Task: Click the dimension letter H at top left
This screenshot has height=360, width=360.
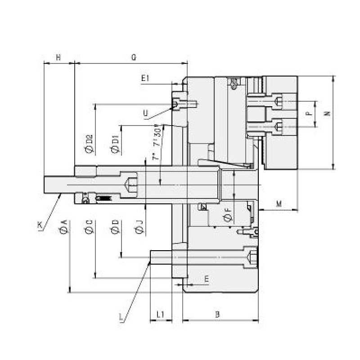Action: [58, 57]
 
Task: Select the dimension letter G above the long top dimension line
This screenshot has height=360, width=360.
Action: [134, 57]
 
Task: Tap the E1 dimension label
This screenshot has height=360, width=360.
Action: [145, 78]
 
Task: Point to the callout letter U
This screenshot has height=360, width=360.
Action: [145, 113]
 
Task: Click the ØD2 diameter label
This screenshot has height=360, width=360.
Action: [89, 144]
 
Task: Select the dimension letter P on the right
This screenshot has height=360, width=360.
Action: [309, 112]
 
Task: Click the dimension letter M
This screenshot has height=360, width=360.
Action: [279, 204]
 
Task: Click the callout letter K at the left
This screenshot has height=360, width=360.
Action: [40, 225]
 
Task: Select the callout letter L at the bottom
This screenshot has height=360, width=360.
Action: [121, 318]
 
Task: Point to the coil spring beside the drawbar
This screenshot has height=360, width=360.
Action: [104, 198]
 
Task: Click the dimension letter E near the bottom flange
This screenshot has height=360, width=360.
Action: [206, 279]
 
